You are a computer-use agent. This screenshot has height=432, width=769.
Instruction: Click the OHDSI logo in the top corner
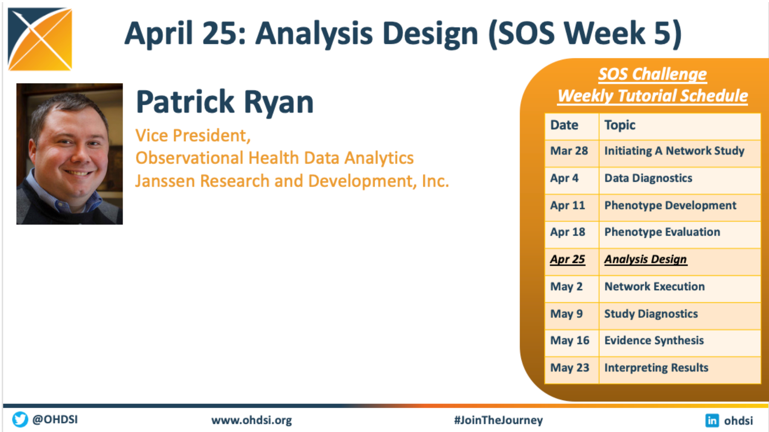[40, 39]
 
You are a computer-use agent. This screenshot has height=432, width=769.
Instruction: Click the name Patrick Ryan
[225, 102]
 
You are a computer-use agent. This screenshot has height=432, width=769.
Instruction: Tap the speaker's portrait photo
[69, 154]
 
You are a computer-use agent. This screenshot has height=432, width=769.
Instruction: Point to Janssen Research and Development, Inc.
[292, 181]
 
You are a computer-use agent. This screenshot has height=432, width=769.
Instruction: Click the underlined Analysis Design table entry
[645, 259]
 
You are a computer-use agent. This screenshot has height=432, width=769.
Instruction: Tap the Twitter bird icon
[20, 419]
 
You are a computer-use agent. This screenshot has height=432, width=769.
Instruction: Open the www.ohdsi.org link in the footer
[252, 420]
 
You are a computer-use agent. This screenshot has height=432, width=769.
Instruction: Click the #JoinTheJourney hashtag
[498, 420]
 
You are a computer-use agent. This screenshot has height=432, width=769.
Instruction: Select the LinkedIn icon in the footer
[712, 420]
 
